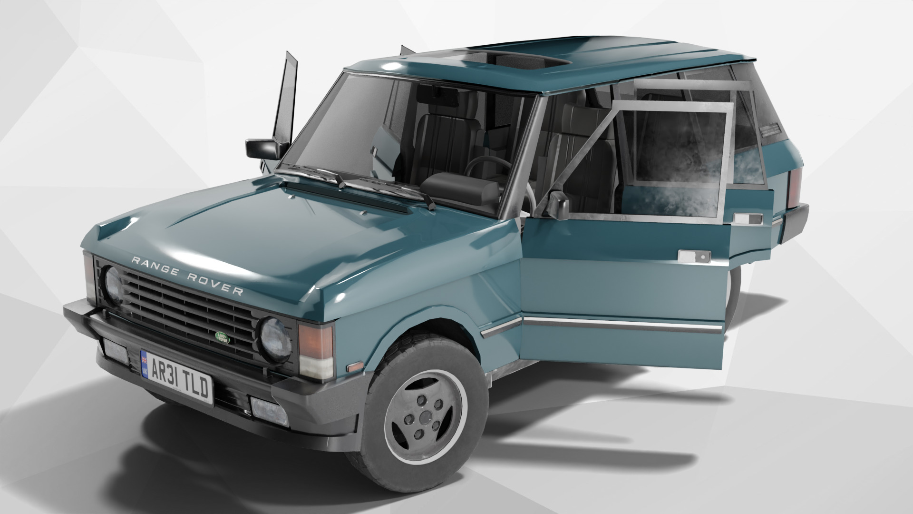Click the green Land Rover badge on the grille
click(x=222, y=337)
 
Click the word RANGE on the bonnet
click(x=155, y=267)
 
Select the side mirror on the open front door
click(x=557, y=205)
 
